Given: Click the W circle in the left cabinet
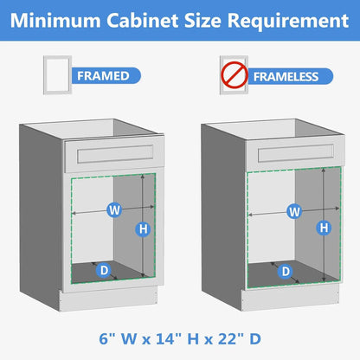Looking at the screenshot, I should pos(112,209).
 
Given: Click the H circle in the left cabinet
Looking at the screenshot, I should pos(144,228).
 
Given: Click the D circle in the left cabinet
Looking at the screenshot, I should pos(103,270).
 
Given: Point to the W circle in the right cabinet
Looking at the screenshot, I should pos(294,210).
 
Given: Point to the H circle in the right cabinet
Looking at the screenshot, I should pos(324,228).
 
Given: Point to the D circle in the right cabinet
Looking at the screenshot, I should pos(285,271).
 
